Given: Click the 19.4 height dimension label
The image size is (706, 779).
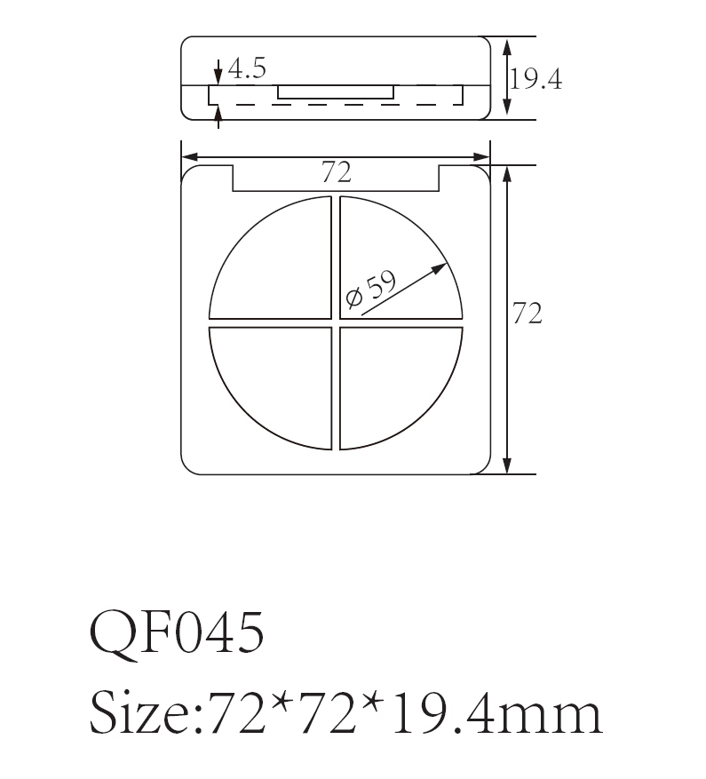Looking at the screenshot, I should [535, 79].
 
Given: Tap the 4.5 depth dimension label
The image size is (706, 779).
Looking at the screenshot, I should [247, 68].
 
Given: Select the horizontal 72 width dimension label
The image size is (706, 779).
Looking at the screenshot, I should [336, 171].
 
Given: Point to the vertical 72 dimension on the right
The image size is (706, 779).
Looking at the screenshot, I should [528, 314].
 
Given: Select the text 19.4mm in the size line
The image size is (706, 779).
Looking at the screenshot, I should [498, 711].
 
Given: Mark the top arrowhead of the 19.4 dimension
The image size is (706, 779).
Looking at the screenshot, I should [507, 45].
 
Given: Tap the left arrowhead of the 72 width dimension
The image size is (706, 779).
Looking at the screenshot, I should [188, 158].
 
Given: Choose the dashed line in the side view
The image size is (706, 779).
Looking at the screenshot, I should [337, 104].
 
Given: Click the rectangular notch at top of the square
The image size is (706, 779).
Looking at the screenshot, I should [336, 182].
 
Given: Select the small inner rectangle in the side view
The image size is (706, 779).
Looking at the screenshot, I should [336, 91].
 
